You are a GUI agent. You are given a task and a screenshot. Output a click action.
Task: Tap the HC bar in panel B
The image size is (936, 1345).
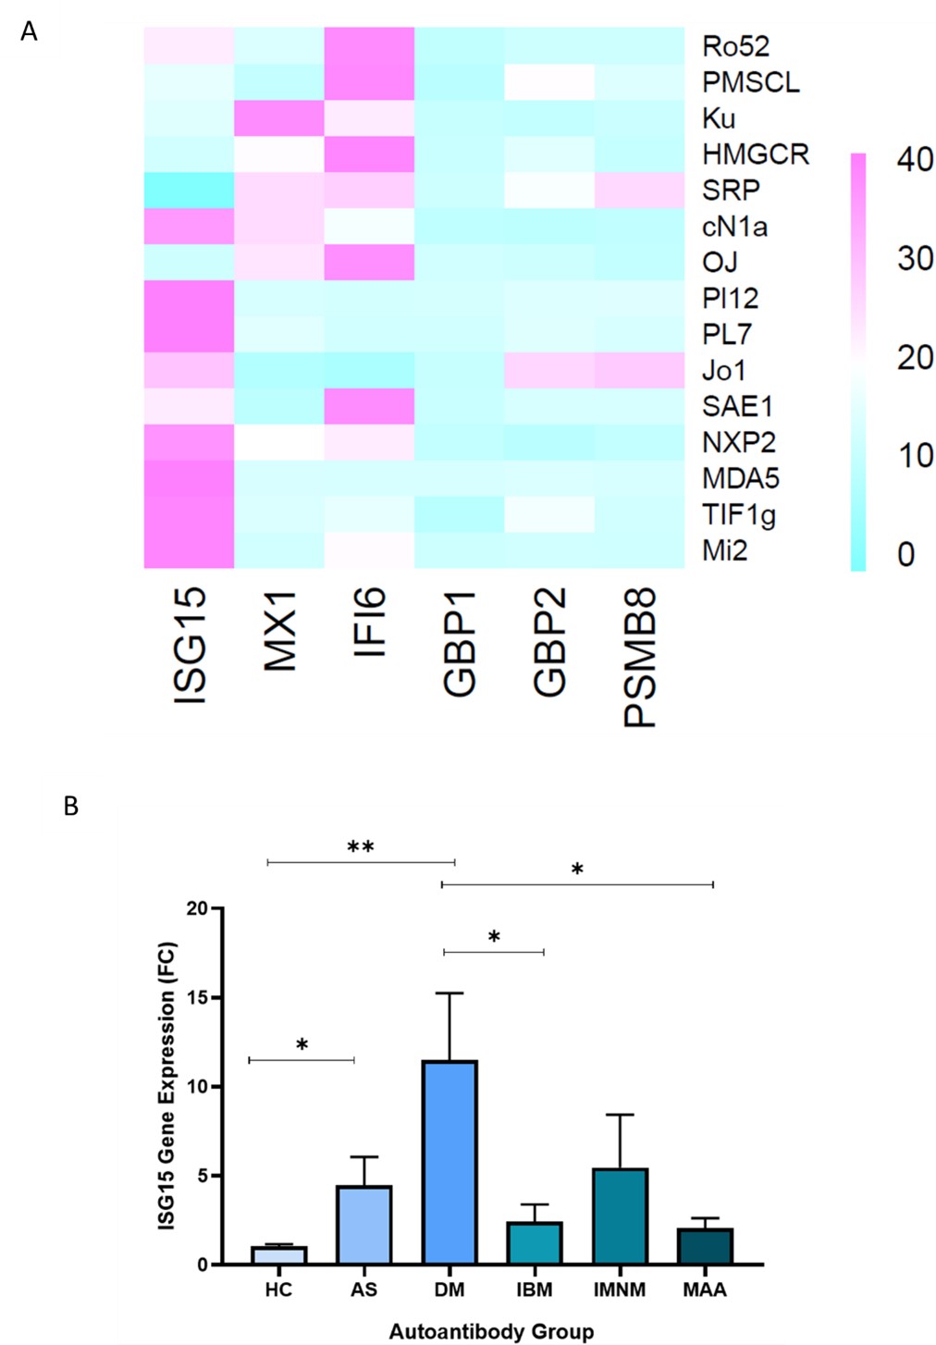pyautogui.click(x=278, y=1255)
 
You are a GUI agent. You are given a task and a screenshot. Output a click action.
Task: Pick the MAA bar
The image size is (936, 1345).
pyautogui.click(x=705, y=1246)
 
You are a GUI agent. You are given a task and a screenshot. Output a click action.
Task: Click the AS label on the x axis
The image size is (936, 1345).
pyautogui.click(x=363, y=1289)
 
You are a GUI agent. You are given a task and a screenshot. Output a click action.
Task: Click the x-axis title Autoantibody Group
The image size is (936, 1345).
pyautogui.click(x=491, y=1332)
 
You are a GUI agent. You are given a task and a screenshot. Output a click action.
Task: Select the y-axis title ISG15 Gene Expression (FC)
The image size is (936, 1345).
pyautogui.click(x=166, y=1085)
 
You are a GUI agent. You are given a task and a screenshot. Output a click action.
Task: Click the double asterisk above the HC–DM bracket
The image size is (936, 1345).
pyautogui.click(x=361, y=846)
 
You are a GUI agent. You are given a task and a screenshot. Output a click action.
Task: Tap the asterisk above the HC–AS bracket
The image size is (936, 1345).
pyautogui.click(x=302, y=1045)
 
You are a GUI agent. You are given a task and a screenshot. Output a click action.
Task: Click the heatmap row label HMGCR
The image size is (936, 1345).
pyautogui.click(x=755, y=154)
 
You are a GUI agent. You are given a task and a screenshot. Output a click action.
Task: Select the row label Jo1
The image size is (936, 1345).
pyautogui.click(x=723, y=370)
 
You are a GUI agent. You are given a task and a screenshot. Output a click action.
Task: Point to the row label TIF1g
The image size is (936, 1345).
pyautogui.click(x=738, y=514)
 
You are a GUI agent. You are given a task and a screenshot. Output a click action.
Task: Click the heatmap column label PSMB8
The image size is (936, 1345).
pyautogui.click(x=640, y=657)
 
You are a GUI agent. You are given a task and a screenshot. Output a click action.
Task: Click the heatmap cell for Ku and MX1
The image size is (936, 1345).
pyautogui.click(x=279, y=117)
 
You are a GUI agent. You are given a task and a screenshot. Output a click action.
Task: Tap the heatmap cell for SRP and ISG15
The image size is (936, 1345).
pyautogui.click(x=189, y=190)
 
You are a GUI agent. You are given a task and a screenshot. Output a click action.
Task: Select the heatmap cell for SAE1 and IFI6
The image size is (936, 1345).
pyautogui.click(x=369, y=406)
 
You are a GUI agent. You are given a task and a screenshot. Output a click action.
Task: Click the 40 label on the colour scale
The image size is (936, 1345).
pyautogui.click(x=914, y=159)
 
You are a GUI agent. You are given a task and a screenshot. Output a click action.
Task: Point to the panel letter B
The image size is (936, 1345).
pyautogui.click(x=70, y=807)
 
